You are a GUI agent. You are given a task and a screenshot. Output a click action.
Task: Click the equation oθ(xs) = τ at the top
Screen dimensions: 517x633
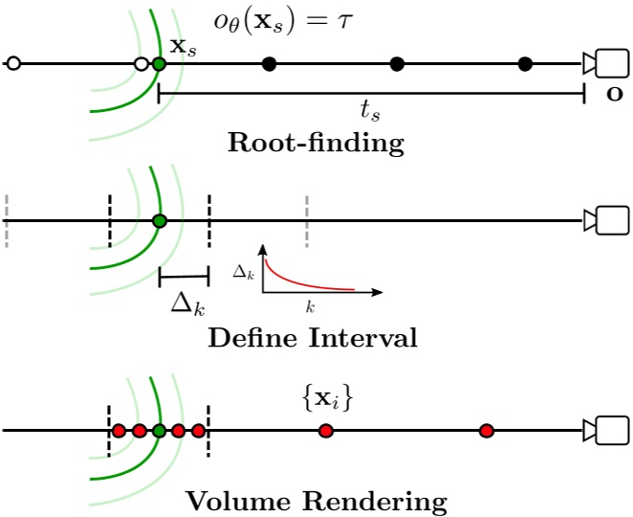pyautogui.click(x=283, y=19)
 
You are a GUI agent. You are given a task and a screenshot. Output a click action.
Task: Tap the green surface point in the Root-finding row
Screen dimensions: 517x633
pyautogui.click(x=159, y=64)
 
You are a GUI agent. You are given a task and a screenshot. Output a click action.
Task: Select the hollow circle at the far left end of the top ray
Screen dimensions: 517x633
pyautogui.click(x=12, y=64)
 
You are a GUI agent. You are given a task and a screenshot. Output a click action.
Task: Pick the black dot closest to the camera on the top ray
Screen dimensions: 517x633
pyautogui.click(x=525, y=64)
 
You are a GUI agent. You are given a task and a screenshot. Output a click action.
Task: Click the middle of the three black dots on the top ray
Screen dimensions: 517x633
pyautogui.click(x=397, y=64)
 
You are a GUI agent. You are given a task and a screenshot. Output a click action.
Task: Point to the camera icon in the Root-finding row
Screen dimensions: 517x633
pyautogui.click(x=608, y=64)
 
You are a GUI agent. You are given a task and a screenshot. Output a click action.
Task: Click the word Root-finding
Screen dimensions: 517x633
pyautogui.click(x=316, y=145)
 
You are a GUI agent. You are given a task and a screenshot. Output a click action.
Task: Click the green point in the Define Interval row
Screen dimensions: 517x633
pyautogui.click(x=160, y=221)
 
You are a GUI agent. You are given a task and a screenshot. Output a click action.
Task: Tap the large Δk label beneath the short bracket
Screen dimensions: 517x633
pyautogui.click(x=186, y=305)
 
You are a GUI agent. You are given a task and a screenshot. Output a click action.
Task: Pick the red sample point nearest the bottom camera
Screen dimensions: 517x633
pyautogui.click(x=486, y=431)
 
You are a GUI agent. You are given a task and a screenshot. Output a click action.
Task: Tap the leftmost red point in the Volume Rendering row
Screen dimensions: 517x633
pyautogui.click(x=119, y=431)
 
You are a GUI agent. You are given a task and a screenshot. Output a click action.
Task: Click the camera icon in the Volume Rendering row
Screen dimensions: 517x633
pyautogui.click(x=608, y=431)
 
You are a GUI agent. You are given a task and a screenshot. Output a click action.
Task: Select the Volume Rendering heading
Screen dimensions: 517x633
pyautogui.click(x=316, y=501)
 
